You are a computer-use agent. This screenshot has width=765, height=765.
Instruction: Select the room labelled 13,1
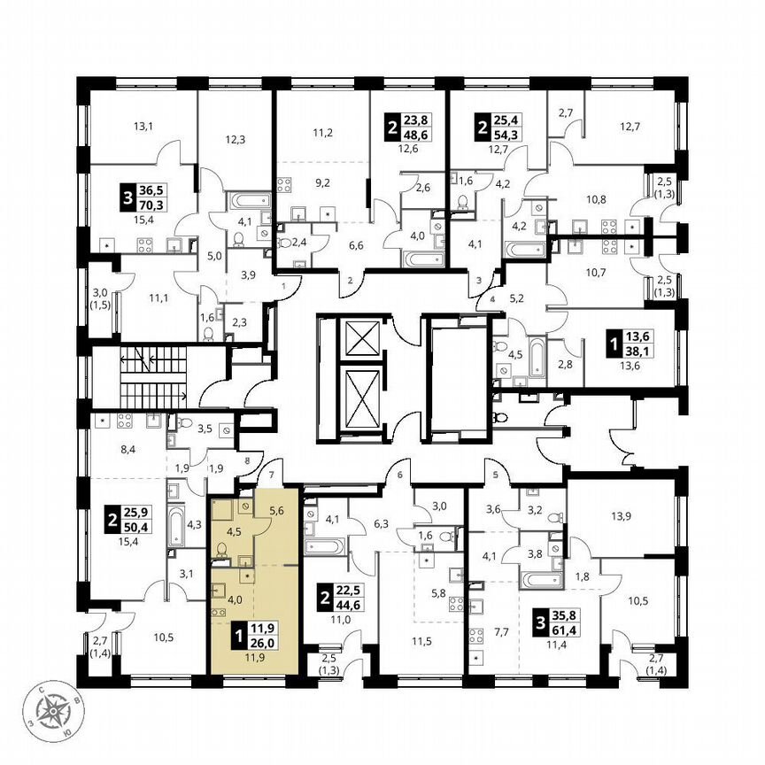[143, 126]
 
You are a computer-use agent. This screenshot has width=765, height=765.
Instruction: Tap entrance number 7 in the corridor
[272, 465]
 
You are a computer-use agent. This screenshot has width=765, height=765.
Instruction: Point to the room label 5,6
[275, 510]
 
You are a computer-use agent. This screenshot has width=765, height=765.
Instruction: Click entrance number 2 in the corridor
[350, 281]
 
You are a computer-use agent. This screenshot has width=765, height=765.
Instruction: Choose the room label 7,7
[502, 632]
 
